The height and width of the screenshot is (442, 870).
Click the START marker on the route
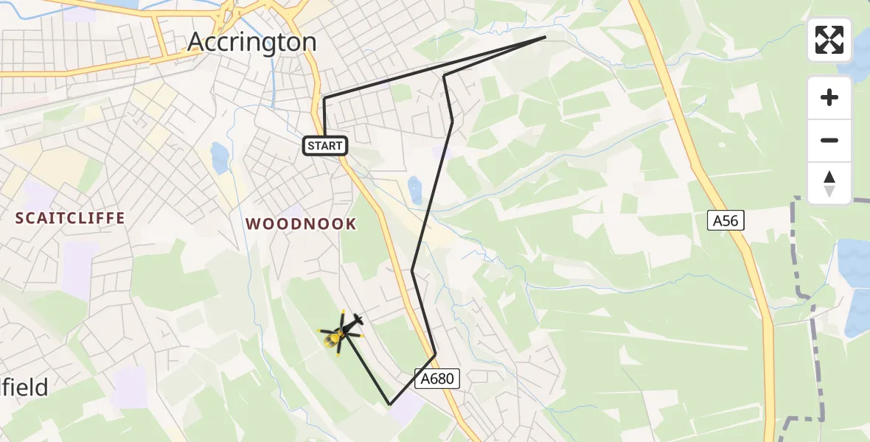[x=325, y=146]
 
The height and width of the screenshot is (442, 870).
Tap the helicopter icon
[x=341, y=331]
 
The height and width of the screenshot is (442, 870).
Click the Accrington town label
[x=252, y=41]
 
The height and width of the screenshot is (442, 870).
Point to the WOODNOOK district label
[x=301, y=224]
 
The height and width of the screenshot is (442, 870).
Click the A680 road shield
[x=440, y=379]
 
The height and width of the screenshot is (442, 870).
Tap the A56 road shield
[x=726, y=220]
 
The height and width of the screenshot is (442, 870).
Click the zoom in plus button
[x=829, y=97]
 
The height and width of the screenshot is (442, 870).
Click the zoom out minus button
[x=829, y=140]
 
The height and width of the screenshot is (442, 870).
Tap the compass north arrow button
[x=829, y=183]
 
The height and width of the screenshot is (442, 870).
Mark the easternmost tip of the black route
[x=546, y=37]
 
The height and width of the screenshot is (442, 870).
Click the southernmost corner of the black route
[x=390, y=404]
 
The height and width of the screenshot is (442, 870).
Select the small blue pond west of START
[x=219, y=157]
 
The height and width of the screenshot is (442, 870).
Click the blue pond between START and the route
[x=414, y=189]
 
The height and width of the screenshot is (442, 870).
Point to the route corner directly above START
[x=324, y=98]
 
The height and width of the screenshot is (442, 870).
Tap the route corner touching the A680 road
[x=435, y=354]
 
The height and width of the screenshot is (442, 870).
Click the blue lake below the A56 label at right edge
[x=855, y=265]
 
